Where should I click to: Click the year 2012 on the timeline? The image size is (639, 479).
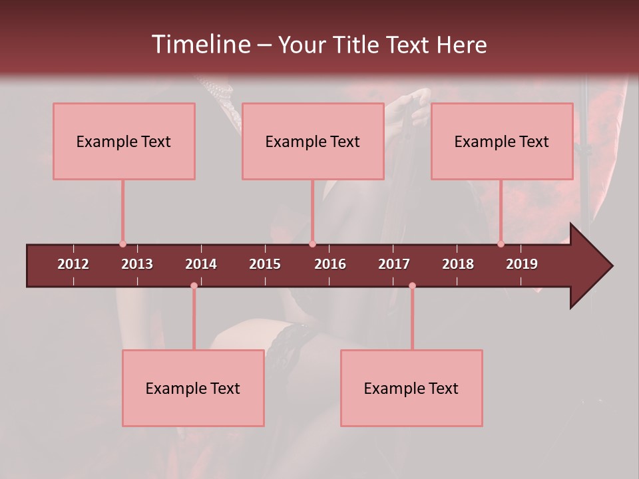[x=73, y=264]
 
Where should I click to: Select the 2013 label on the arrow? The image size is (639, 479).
[x=137, y=264]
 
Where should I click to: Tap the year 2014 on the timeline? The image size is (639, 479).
[x=201, y=264]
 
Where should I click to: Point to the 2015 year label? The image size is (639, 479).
[x=265, y=264]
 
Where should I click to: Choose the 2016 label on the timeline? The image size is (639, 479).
[x=330, y=264]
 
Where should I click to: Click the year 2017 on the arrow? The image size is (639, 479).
[x=394, y=264]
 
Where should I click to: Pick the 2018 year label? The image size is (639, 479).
[x=458, y=264]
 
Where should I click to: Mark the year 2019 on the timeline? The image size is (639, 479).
[x=522, y=264]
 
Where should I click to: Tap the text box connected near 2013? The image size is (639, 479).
[x=124, y=141]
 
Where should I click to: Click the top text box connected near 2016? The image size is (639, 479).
[x=313, y=141]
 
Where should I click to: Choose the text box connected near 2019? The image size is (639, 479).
[x=502, y=141]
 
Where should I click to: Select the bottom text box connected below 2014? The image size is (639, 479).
[x=193, y=388]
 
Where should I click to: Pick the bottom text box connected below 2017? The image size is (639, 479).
[x=411, y=388]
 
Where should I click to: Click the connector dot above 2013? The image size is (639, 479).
[x=122, y=244]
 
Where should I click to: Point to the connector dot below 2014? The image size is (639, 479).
[x=194, y=285]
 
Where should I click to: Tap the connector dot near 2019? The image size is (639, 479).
[x=501, y=244]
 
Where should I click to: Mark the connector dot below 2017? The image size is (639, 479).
[x=412, y=285]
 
